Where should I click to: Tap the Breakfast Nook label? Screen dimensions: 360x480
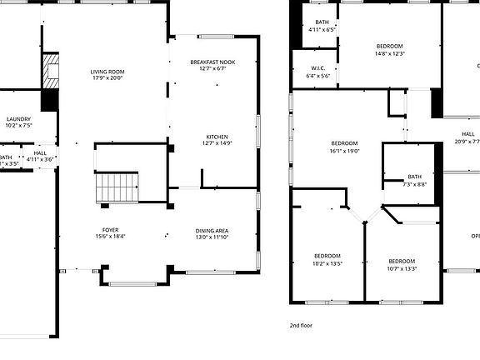click(212, 62)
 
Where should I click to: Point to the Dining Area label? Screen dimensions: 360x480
click(212, 231)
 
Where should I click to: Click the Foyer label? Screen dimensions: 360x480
click(110, 230)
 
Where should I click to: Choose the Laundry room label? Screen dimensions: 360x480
click(18, 119)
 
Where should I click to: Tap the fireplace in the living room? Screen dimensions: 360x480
click(52, 72)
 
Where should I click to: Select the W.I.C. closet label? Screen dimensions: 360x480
click(317, 68)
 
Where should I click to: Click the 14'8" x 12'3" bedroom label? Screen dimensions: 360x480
click(389, 46)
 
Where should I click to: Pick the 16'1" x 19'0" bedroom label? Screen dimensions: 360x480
click(343, 143)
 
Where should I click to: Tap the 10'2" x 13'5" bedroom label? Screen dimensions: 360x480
click(327, 256)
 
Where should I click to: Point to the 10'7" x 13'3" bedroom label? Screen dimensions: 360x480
click(401, 261)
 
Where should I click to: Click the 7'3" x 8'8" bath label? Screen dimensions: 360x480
click(414, 177)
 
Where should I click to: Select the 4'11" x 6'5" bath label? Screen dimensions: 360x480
click(322, 22)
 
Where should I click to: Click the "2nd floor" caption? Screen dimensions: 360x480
click(301, 325)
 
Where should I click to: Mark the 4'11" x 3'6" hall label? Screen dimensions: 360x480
click(40, 153)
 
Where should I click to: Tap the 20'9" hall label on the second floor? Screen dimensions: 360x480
click(467, 134)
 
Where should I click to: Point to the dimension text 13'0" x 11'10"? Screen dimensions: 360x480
click(212, 237)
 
